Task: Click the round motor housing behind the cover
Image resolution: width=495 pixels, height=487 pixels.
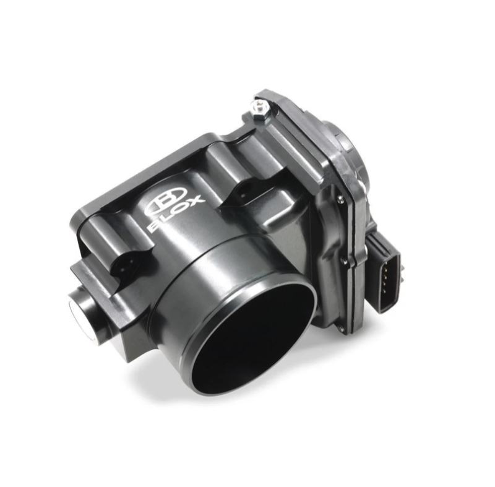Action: point(347,149)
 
